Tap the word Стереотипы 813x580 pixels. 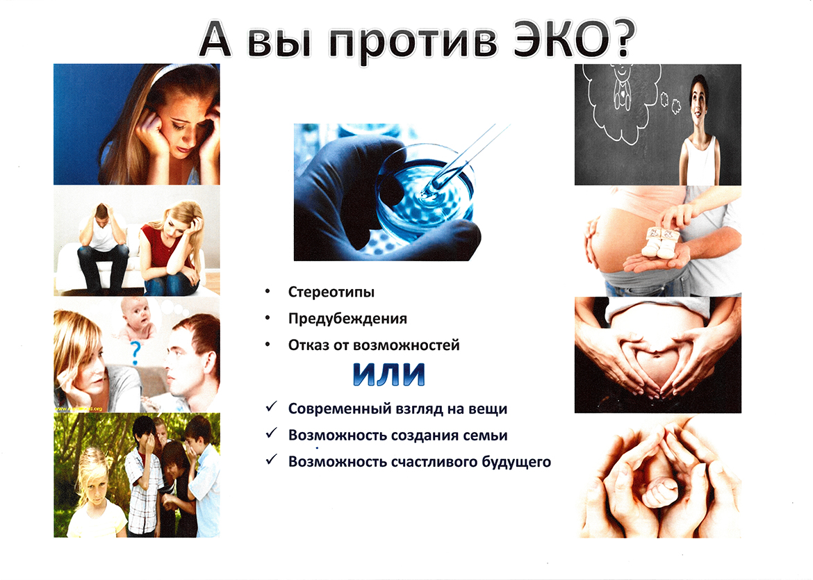tap(331, 292)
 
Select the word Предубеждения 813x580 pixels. tap(347, 318)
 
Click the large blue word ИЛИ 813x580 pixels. tap(389, 374)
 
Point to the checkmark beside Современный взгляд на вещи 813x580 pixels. tap(271, 407)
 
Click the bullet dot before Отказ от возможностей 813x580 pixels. tap(268, 344)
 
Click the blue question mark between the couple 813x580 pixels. tap(135, 353)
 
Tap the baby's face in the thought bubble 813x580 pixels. tap(135, 312)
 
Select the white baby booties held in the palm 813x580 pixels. tap(660, 241)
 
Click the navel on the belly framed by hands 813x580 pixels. tap(657, 354)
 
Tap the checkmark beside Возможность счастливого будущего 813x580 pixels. tap(271, 460)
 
